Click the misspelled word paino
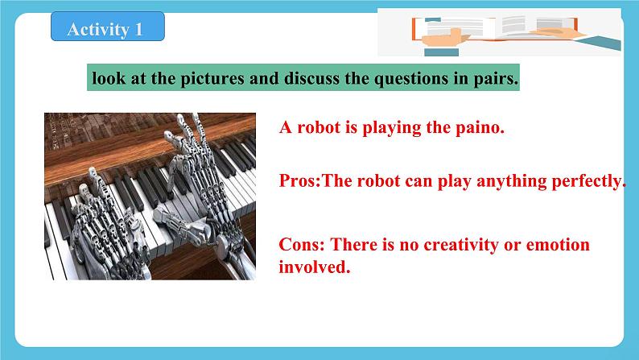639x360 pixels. pyautogui.click(x=480, y=127)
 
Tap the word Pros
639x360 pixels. pyautogui.click(x=298, y=181)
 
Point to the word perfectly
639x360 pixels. pyautogui.click(x=586, y=181)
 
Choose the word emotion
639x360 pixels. pyautogui.click(x=555, y=244)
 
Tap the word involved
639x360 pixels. pyautogui.click(x=313, y=267)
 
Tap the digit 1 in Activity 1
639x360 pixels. pyautogui.click(x=138, y=30)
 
